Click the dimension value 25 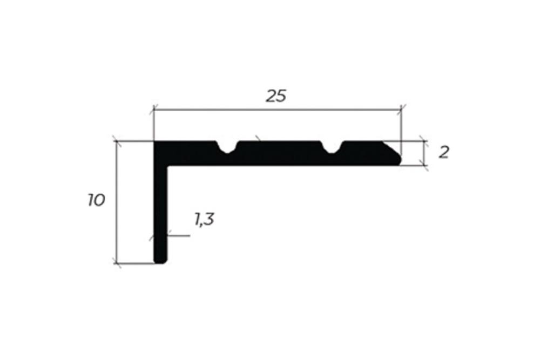pos(276,96)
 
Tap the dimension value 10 pos(96,201)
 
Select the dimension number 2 pos(444,152)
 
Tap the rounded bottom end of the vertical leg pos(160,260)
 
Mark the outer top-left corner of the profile pos(155,142)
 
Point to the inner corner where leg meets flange pos(168,165)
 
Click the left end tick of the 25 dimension pos(154,110)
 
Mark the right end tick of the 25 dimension pos(401,110)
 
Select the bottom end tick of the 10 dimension pos(117,263)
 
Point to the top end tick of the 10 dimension pos(117,141)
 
